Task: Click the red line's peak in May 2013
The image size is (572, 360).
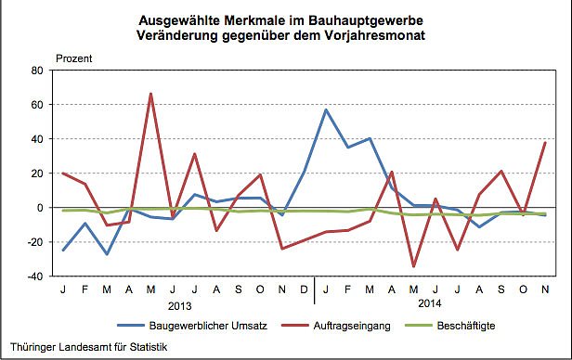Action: [150, 94]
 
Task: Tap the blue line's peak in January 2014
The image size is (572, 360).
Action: [326, 109]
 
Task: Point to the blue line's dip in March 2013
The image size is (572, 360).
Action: [107, 254]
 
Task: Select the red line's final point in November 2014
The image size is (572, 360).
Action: [544, 143]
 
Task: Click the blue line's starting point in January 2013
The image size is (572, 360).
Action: [63, 250]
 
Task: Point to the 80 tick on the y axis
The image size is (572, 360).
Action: [38, 71]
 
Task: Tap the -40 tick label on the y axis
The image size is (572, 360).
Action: [36, 276]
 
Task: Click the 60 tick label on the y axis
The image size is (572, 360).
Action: [38, 105]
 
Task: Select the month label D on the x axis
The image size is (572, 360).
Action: [304, 289]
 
